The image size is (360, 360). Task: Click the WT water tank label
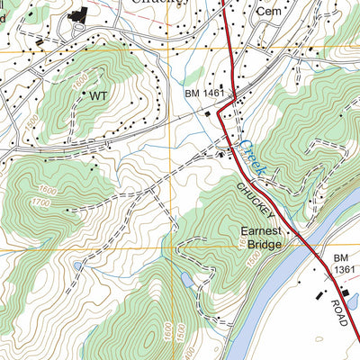99,94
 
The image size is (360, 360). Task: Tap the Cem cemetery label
268,13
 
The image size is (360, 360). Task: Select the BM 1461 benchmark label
202,94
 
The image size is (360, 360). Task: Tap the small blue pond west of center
79,265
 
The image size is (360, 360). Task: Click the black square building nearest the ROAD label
319,294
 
